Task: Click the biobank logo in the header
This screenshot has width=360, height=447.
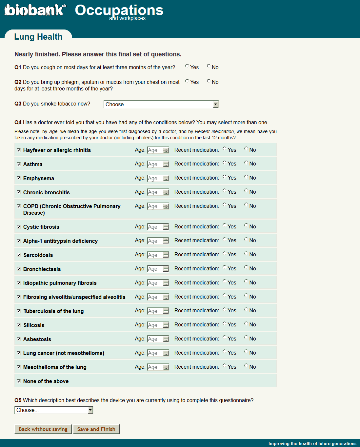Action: (35, 10)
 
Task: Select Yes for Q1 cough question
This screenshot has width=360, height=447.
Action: (187, 66)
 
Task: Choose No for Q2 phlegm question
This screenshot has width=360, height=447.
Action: (209, 81)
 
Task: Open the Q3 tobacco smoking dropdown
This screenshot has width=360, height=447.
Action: (161, 104)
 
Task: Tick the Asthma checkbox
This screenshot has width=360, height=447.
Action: (19, 164)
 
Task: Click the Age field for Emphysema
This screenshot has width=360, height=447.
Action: (155, 178)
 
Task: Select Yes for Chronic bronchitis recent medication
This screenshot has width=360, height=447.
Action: (225, 191)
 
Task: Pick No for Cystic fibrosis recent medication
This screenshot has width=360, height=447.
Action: (246, 225)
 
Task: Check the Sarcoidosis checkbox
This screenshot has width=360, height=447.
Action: (19, 255)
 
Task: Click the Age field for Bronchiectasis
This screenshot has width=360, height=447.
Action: (155, 269)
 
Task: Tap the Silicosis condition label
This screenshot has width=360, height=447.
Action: (34, 325)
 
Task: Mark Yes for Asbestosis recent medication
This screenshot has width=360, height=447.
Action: (225, 338)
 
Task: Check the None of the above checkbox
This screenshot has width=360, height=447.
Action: (19, 381)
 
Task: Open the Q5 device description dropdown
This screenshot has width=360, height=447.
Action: (54, 410)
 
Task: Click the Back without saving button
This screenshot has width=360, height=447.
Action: (43, 429)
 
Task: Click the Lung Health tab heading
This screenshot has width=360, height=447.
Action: (38, 37)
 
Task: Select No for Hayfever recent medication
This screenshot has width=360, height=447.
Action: (246, 149)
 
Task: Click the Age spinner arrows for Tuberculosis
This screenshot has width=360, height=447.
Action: (166, 311)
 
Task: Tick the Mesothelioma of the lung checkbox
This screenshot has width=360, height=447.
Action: (19, 367)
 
